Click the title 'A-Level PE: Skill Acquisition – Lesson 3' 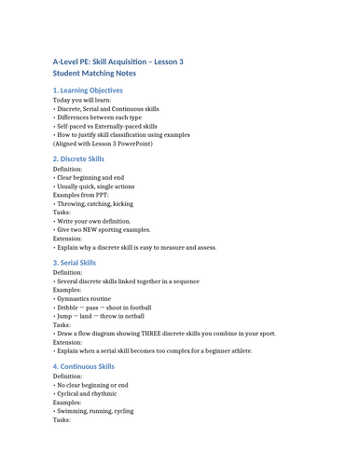(x=118, y=62)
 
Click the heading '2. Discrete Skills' (x=78, y=159)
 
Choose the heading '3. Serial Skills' (x=74, y=263)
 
